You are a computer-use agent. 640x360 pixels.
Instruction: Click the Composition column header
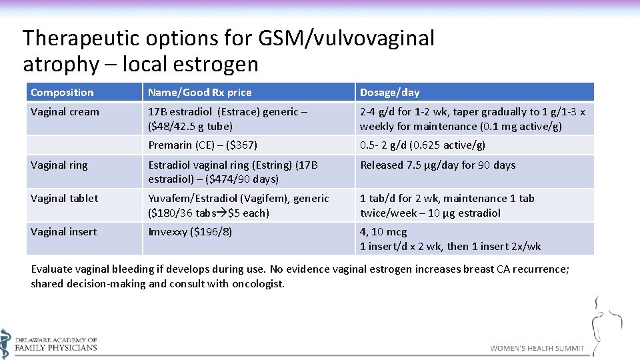(62, 93)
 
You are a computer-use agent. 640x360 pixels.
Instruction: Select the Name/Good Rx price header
(199, 93)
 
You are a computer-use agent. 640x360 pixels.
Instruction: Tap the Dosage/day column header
(389, 93)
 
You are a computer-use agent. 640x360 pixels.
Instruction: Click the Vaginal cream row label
(65, 112)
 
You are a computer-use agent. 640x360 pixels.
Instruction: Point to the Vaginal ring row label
(59, 165)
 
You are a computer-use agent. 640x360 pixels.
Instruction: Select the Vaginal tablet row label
(64, 199)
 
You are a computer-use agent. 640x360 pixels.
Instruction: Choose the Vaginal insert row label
(63, 232)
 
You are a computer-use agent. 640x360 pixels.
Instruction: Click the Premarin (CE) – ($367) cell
(202, 145)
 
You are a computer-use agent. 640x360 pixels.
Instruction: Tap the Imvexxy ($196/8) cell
(190, 232)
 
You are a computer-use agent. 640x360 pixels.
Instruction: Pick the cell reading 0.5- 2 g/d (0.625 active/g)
(422, 145)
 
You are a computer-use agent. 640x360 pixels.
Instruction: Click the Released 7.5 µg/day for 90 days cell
(437, 165)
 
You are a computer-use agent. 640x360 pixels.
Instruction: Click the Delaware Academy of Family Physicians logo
(49, 343)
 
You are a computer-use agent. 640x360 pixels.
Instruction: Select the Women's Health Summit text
(537, 348)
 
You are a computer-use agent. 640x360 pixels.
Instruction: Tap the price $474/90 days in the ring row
(250, 179)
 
